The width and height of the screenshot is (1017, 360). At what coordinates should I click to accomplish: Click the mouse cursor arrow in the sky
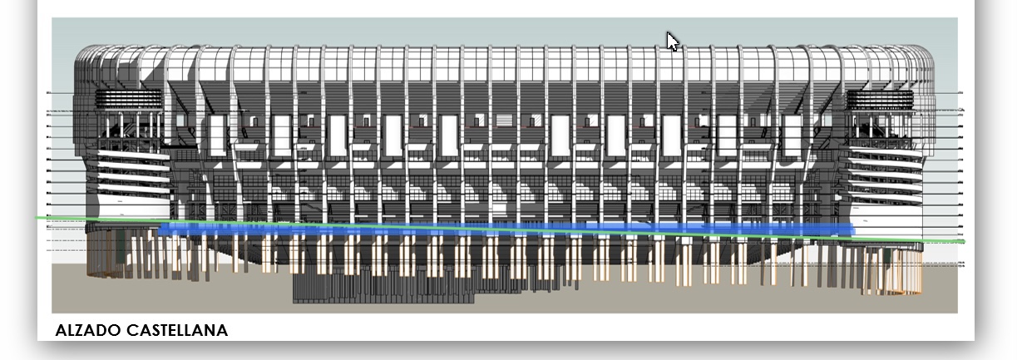[672, 41]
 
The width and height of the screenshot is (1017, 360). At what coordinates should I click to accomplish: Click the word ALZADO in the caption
[87, 331]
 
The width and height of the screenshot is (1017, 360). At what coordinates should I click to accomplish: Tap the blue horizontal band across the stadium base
[499, 229]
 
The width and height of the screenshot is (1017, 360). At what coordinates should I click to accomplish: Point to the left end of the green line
[37, 218]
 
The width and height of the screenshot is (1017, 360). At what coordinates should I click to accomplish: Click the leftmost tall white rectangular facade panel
[218, 134]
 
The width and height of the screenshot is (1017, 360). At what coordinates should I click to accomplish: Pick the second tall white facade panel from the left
[281, 134]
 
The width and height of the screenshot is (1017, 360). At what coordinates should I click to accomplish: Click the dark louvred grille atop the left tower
[130, 98]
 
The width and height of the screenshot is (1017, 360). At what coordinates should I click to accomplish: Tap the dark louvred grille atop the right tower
[880, 98]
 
